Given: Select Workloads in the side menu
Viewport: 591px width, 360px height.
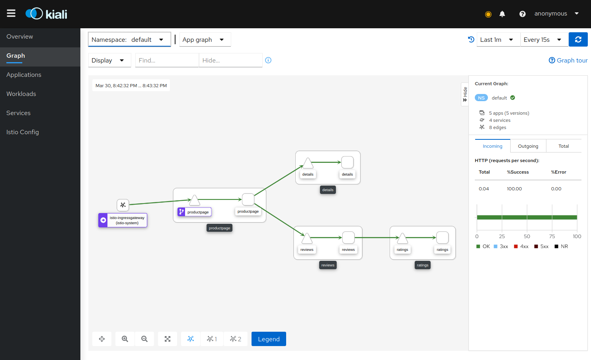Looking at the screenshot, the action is point(21,94).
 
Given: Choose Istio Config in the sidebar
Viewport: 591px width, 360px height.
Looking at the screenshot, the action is point(23,132).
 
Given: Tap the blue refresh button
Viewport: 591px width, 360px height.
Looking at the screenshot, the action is point(578,40).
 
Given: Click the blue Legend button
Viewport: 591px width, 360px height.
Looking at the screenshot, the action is point(269,339).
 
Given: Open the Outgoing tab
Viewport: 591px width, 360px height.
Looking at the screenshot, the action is point(528,146).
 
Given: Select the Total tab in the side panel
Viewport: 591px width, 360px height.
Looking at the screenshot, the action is point(564,146).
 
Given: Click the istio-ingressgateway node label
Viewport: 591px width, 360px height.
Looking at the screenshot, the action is point(127,220).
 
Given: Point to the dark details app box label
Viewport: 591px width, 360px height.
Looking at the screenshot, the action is point(328,190).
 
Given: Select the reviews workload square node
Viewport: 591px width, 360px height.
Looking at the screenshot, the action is point(348,237).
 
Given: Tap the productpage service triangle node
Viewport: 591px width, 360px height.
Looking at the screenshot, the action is point(195,200).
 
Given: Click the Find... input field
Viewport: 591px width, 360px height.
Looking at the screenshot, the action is point(167,61).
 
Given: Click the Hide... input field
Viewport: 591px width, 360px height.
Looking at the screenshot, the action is point(230,61).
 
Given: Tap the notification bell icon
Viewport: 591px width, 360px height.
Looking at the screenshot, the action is point(502,14).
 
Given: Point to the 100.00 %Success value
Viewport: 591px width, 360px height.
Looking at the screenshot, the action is point(514,189).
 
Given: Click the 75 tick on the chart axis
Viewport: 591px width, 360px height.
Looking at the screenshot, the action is point(552,236).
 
